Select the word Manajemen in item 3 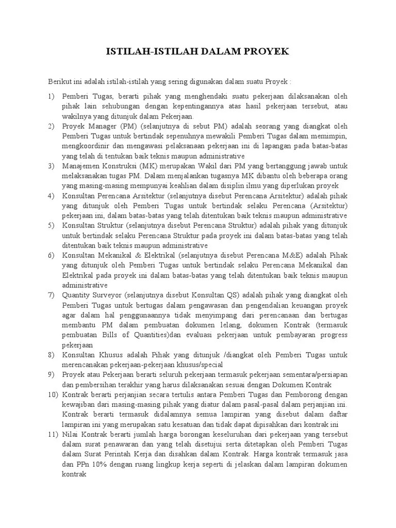(81, 166)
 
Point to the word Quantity (77, 295)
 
